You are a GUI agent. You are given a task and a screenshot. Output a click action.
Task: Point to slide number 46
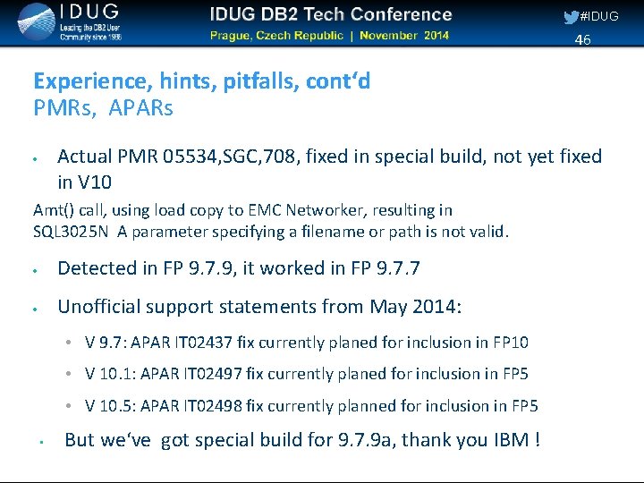point(582,39)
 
